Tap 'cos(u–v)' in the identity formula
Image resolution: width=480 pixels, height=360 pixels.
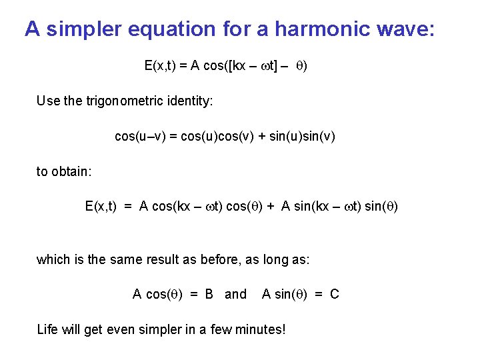139,137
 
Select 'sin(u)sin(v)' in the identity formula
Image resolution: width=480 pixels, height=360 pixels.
301,137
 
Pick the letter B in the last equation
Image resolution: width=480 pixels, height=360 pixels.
209,294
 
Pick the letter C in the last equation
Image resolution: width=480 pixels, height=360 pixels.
335,294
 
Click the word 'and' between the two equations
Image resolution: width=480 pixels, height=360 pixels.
235,294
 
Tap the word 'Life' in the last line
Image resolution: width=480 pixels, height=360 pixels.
47,329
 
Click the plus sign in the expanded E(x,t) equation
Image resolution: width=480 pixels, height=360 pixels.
271,207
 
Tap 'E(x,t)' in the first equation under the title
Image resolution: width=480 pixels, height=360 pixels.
161,65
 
